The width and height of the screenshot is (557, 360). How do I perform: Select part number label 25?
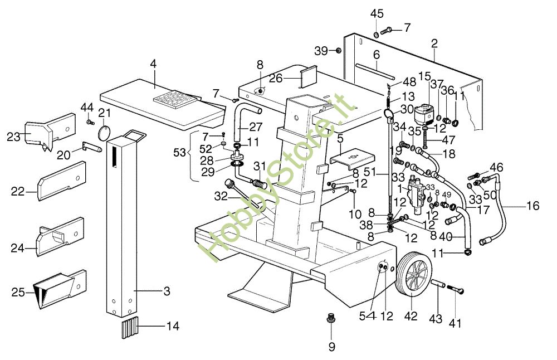(x=18, y=291)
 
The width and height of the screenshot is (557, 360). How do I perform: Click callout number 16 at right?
(x=532, y=206)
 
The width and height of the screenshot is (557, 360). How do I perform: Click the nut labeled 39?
(x=338, y=51)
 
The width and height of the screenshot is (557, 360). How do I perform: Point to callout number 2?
(x=434, y=43)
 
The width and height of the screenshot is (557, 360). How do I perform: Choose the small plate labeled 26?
(x=307, y=77)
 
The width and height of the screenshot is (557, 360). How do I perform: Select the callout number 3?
(x=167, y=291)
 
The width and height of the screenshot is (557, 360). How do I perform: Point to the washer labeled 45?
(x=377, y=35)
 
